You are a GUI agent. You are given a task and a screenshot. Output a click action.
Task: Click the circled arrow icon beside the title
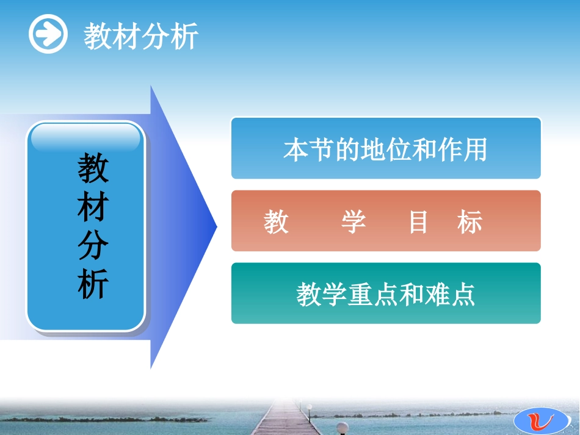click(48, 35)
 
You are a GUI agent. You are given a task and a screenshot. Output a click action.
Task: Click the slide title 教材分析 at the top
click(141, 37)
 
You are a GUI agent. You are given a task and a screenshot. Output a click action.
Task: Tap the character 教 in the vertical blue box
click(93, 169)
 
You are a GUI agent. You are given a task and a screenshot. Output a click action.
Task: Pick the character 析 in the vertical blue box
click(93, 284)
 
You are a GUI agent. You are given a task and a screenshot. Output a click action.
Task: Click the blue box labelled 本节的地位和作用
click(385, 148)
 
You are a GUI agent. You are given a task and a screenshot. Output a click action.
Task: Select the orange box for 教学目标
click(385, 221)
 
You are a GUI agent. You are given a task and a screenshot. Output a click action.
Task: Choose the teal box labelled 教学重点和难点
click(385, 293)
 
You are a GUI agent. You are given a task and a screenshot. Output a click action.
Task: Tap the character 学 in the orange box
click(353, 223)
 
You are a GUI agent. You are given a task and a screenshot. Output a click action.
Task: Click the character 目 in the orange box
click(418, 223)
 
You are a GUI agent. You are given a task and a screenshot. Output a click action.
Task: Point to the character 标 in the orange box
click(469, 223)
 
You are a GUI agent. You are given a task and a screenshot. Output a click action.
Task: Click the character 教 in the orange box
click(276, 223)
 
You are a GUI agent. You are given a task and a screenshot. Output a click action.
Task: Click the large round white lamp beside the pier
click(344, 428)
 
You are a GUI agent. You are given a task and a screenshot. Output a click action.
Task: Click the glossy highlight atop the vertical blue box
click(85, 138)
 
